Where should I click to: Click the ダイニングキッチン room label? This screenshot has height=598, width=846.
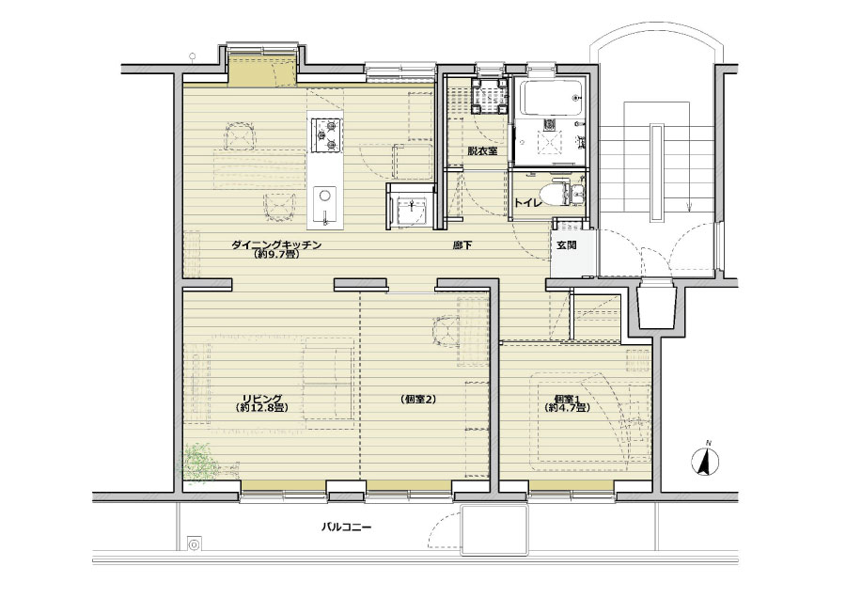pos(276,245)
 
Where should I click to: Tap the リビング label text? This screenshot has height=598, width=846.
pos(262,399)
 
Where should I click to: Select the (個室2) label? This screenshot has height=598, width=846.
pos(418,400)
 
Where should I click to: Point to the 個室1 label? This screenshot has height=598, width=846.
pos(566,400)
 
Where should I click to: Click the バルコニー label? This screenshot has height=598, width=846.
pos(346,527)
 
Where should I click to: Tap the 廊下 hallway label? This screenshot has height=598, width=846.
pos(462,245)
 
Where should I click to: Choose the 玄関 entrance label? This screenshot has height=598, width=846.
pos(567,245)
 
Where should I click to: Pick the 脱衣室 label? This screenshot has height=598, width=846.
pos(482,151)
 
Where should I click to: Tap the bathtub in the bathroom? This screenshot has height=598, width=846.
pos(548,98)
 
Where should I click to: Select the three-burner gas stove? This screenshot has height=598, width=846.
pos(326,135)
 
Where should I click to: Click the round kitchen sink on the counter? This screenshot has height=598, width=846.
pos(325,196)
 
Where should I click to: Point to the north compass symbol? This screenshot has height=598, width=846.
pos(705,461)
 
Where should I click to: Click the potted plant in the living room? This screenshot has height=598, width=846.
pos(198,462)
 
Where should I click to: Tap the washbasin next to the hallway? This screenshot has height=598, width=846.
pos(411,210)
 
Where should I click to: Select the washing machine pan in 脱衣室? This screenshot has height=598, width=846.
pos(488,95)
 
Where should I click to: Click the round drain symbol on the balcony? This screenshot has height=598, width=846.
pos(193,543)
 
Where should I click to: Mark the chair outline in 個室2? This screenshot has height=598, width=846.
pos(446,330)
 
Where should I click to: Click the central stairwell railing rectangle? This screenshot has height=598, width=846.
pos(657,172)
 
